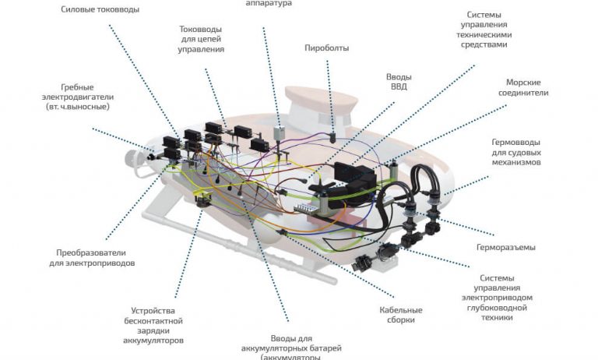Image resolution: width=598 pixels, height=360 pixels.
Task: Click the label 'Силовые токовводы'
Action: pyautogui.click(x=100, y=10)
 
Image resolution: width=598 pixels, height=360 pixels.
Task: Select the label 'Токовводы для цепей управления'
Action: pyautogui.click(x=201, y=39)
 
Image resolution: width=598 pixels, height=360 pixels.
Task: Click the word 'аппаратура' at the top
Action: pyautogui.click(x=268, y=4)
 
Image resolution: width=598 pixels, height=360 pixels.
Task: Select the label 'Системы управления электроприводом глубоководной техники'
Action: pyautogui.click(x=508, y=298)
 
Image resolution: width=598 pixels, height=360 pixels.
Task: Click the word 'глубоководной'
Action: pyautogui.click(x=508, y=308)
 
